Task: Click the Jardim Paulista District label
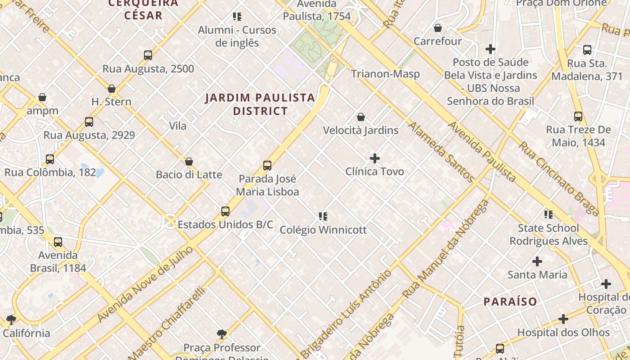coord(260,104)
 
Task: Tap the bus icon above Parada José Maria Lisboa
coord(267,166)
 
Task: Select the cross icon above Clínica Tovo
coord(374,158)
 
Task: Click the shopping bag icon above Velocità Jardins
coord(360,117)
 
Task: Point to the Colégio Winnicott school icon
coord(323,216)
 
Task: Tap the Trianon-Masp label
coord(385,74)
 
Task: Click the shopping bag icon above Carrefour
coord(437,28)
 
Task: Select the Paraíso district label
coord(510,301)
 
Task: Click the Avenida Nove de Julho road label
coord(146,284)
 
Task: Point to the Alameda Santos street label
coord(441,152)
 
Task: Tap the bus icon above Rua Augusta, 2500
coord(148,55)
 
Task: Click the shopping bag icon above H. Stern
coord(112,89)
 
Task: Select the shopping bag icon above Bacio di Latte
coord(189,162)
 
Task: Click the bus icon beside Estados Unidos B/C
coord(225,211)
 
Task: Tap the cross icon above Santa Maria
coord(537,261)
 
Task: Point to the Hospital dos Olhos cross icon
coord(563,319)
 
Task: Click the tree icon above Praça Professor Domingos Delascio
coord(221,334)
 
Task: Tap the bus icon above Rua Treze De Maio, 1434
coord(578,117)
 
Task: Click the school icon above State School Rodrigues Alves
coord(548,215)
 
